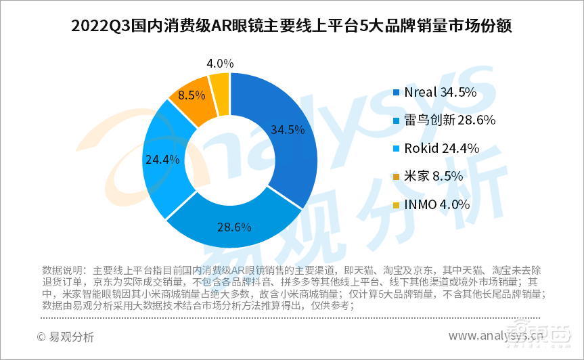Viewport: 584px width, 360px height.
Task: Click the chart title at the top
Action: click(x=292, y=26)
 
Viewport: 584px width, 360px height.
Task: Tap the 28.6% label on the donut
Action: click(x=235, y=227)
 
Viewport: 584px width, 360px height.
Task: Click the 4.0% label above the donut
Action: click(x=221, y=64)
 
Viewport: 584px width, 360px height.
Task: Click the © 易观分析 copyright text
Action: click(x=66, y=336)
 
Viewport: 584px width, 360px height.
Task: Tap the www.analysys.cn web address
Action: click(x=500, y=336)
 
